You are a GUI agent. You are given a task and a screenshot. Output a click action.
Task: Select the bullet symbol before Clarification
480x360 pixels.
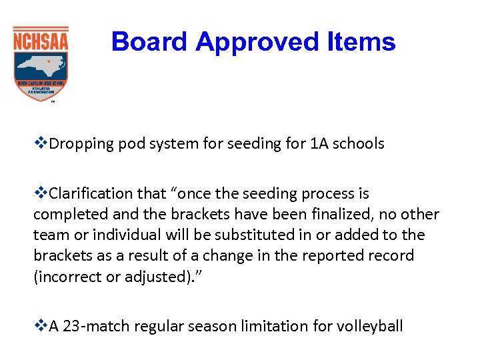[x=40, y=193]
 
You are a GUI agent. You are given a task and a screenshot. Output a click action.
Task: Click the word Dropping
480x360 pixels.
[x=78, y=144]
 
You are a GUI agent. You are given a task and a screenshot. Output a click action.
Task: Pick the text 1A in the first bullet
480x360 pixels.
[x=318, y=144]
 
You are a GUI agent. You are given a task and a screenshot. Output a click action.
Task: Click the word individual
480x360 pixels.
[x=119, y=235]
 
